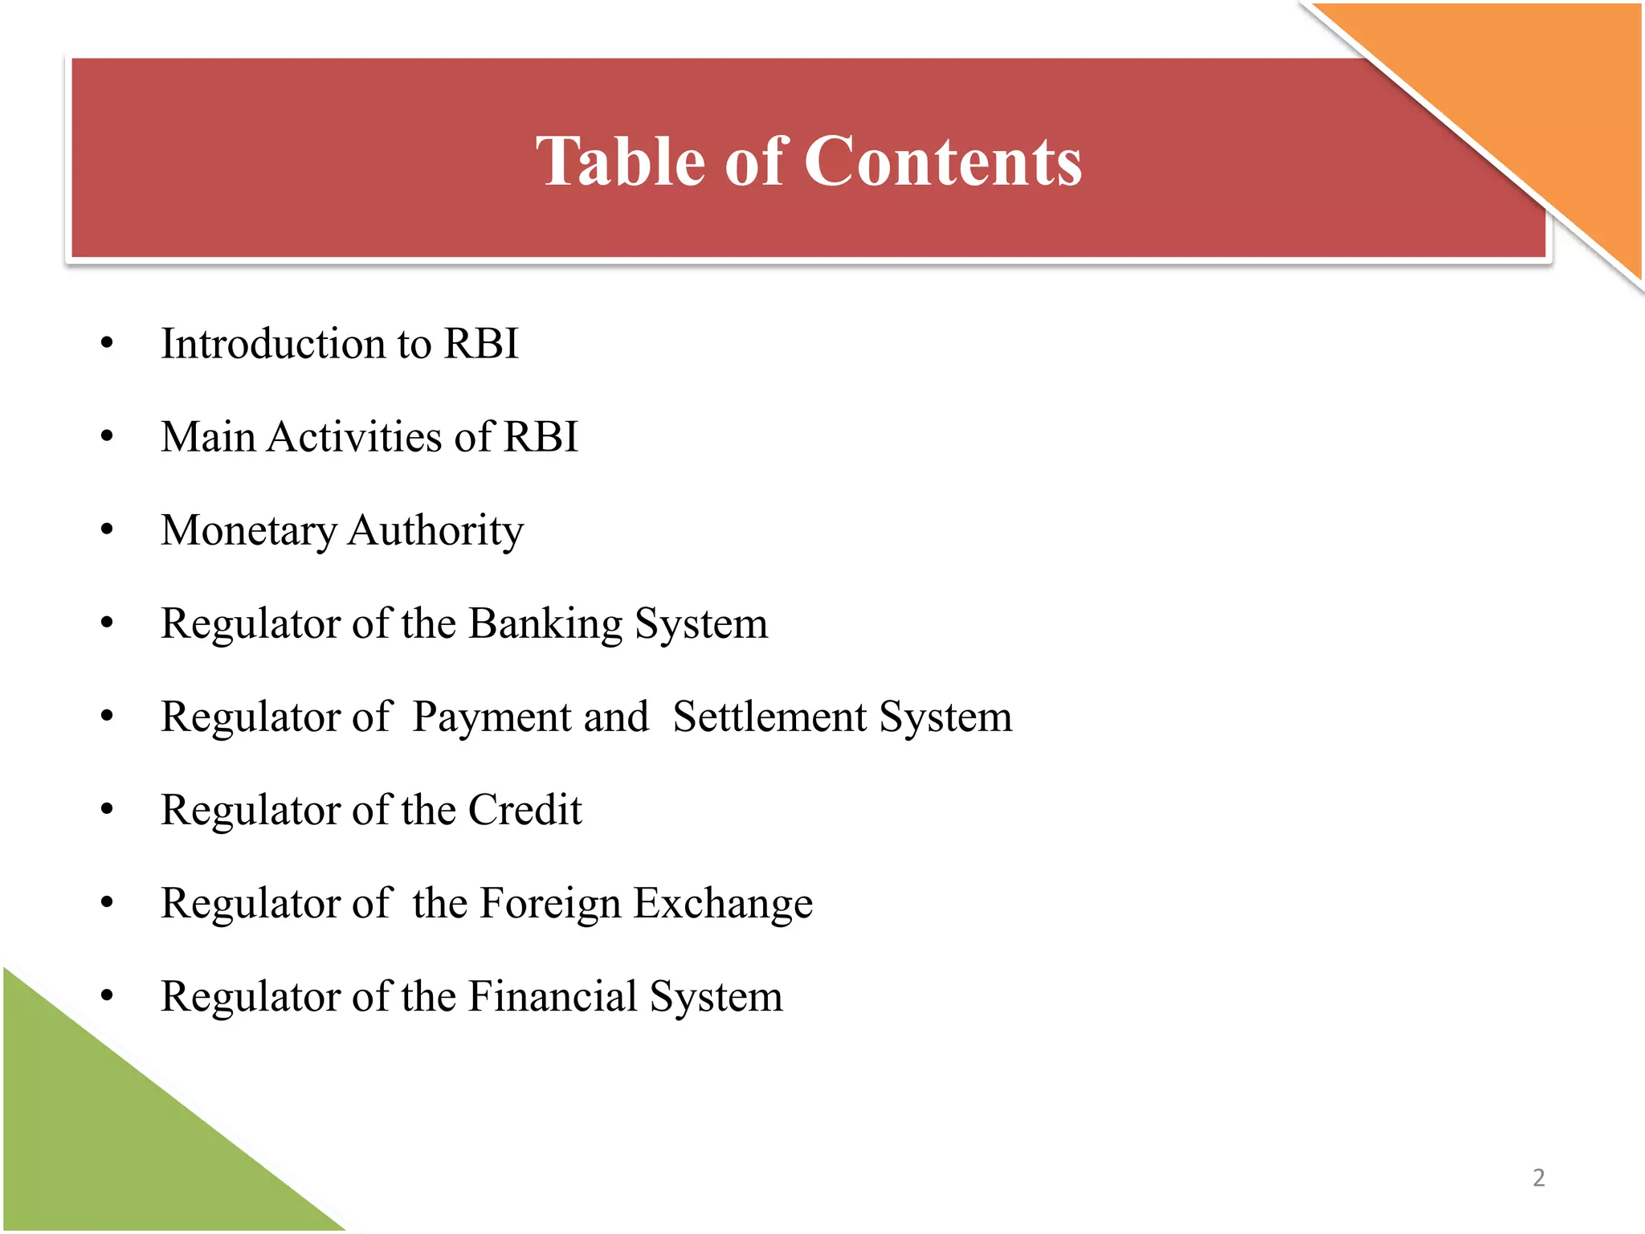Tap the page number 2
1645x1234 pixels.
point(1538,1178)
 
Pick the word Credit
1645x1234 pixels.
point(525,810)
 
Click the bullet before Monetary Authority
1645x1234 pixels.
point(107,530)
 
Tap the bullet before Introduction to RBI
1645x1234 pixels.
point(107,344)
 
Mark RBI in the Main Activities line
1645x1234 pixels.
point(540,437)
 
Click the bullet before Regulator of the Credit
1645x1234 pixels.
point(107,810)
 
